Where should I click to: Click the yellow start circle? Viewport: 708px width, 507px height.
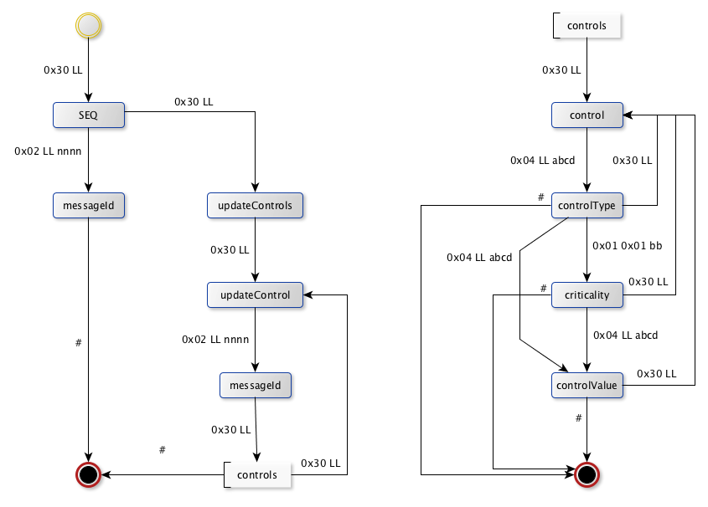[89, 26]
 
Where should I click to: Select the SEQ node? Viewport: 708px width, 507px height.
[89, 115]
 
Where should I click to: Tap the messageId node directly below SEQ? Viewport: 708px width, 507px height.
[89, 205]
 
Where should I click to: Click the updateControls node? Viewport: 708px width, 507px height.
[255, 205]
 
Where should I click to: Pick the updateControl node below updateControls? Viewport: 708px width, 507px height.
[255, 294]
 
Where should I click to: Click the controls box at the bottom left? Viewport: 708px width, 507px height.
[257, 475]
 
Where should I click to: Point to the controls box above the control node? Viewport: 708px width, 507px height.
[587, 25]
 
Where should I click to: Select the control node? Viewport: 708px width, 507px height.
[587, 115]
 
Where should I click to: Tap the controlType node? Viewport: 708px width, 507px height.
[587, 205]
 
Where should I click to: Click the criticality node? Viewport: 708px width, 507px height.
[587, 294]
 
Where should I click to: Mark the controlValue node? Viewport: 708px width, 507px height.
[587, 385]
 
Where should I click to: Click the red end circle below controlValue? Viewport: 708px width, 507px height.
[587, 474]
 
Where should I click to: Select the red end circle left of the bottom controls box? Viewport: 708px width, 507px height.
[89, 474]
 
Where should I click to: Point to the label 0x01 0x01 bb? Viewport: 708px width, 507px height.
[627, 247]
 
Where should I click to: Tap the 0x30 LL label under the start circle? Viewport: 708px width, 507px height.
[63, 70]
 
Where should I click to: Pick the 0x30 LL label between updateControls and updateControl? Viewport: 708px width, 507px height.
[230, 249]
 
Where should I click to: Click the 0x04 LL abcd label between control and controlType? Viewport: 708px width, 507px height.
[543, 160]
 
